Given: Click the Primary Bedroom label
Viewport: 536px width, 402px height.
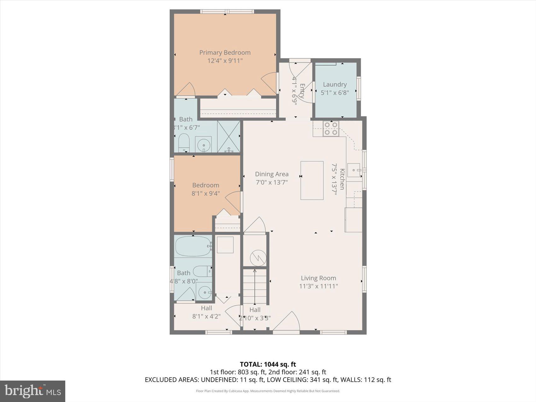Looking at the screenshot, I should coord(225,53).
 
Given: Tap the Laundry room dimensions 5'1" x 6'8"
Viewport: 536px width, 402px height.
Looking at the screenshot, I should coord(335,93).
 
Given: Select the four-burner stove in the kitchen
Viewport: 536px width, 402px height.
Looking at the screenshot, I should coord(331,129).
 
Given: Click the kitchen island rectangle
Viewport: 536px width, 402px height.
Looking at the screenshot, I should coord(312,180).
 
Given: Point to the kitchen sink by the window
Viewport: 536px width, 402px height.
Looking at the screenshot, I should coord(354,170).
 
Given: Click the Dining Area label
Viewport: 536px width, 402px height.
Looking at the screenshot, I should coord(271,174).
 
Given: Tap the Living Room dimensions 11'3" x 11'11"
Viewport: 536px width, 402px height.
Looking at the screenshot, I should coord(318,286).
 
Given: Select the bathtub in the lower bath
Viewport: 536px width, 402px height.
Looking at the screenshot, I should coord(192,246).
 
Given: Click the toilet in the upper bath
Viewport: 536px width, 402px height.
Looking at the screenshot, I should coord(184,143).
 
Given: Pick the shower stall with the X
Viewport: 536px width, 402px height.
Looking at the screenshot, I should coord(229,137).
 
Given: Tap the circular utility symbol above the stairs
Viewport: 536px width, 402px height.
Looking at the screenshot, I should coord(258,258).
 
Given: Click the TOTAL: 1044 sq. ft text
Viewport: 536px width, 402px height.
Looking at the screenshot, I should coord(268,365).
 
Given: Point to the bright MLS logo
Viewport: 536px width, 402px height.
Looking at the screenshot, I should coord(32,391).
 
